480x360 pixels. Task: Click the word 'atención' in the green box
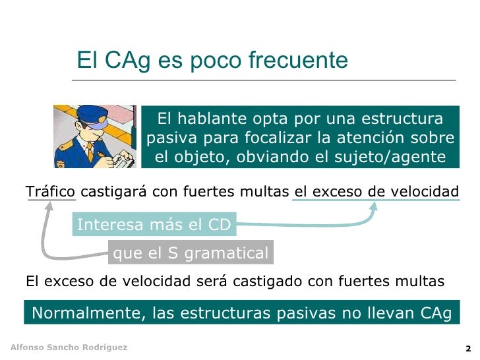point(384,138)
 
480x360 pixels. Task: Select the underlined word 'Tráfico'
point(51,192)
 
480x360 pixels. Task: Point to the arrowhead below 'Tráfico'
point(49,205)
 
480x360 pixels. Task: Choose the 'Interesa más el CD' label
point(154,225)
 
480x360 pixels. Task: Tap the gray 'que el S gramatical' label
point(191,253)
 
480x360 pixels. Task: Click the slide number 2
point(467,348)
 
